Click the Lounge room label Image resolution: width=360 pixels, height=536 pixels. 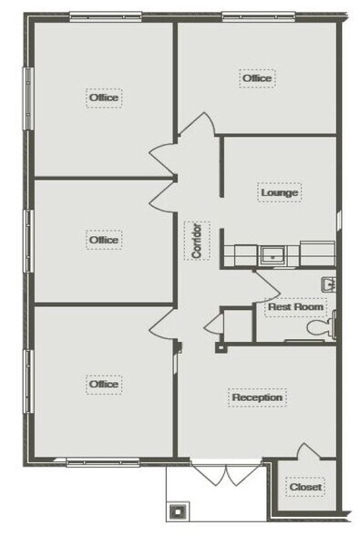[279, 192]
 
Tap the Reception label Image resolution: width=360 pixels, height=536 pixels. [257, 397]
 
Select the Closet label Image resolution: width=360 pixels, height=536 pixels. [305, 487]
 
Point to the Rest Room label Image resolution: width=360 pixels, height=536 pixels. [295, 306]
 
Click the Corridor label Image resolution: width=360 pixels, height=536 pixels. [197, 241]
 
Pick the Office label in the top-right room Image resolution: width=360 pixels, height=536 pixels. [257, 78]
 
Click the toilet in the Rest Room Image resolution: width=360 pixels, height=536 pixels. [322, 325]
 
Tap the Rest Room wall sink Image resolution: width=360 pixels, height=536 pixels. [328, 284]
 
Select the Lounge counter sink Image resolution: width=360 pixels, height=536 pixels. [273, 255]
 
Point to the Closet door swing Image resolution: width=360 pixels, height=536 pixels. [308, 451]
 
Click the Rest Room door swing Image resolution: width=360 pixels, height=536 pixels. [267, 286]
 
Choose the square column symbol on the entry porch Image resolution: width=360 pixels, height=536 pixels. [178, 511]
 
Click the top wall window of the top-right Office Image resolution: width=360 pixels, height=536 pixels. [259, 16]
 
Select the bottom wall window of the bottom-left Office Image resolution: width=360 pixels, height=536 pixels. [103, 462]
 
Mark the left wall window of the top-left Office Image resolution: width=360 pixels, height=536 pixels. [28, 98]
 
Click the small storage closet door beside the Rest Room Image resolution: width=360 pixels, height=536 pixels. [215, 324]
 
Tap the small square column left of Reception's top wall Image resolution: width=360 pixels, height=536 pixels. [221, 348]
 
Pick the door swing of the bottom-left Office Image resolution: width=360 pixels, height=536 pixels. [163, 323]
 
